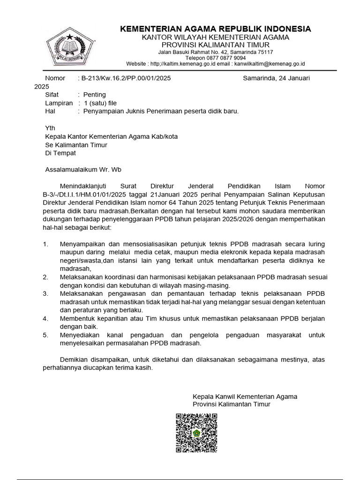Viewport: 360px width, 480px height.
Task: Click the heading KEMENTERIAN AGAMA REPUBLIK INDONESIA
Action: point(216,29)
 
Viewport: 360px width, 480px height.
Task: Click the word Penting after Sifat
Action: point(95,95)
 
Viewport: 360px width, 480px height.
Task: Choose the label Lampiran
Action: point(59,103)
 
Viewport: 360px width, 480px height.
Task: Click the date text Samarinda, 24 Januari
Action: point(276,78)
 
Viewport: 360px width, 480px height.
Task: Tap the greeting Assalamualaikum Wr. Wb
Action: point(83,170)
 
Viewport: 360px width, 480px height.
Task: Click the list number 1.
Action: point(45,244)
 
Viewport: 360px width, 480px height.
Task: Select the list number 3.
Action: point(45,293)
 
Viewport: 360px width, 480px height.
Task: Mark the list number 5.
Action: point(45,335)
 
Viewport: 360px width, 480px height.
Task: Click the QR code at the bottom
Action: point(196,433)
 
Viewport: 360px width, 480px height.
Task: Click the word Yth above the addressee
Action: point(50,128)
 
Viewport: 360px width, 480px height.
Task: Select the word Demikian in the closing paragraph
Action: point(76,360)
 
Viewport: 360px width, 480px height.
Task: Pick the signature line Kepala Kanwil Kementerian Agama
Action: point(245,397)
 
